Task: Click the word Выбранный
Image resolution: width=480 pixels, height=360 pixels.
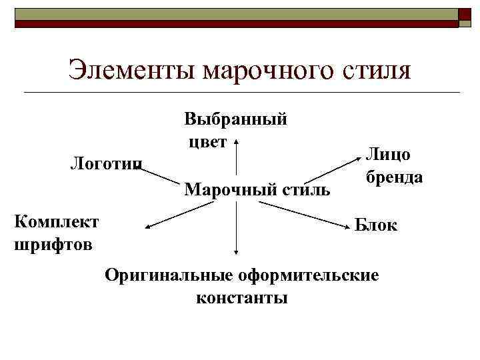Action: point(236,120)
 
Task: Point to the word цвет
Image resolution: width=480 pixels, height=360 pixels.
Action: point(207,141)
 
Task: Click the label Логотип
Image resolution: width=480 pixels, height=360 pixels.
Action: point(107,163)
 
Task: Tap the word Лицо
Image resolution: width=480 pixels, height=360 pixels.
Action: point(387,154)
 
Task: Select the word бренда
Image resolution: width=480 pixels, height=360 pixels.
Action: point(394,177)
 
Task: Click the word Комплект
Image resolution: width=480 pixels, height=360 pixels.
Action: point(56,221)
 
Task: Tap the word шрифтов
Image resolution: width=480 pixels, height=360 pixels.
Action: point(53,244)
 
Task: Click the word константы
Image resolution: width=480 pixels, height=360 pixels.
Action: point(242,297)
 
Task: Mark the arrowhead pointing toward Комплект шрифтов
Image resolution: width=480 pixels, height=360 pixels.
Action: point(149,227)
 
